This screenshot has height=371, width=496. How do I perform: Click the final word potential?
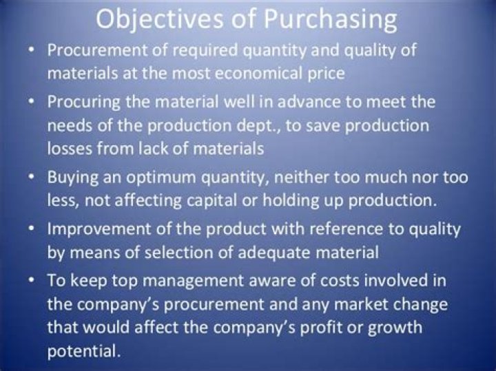tap(81, 352)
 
